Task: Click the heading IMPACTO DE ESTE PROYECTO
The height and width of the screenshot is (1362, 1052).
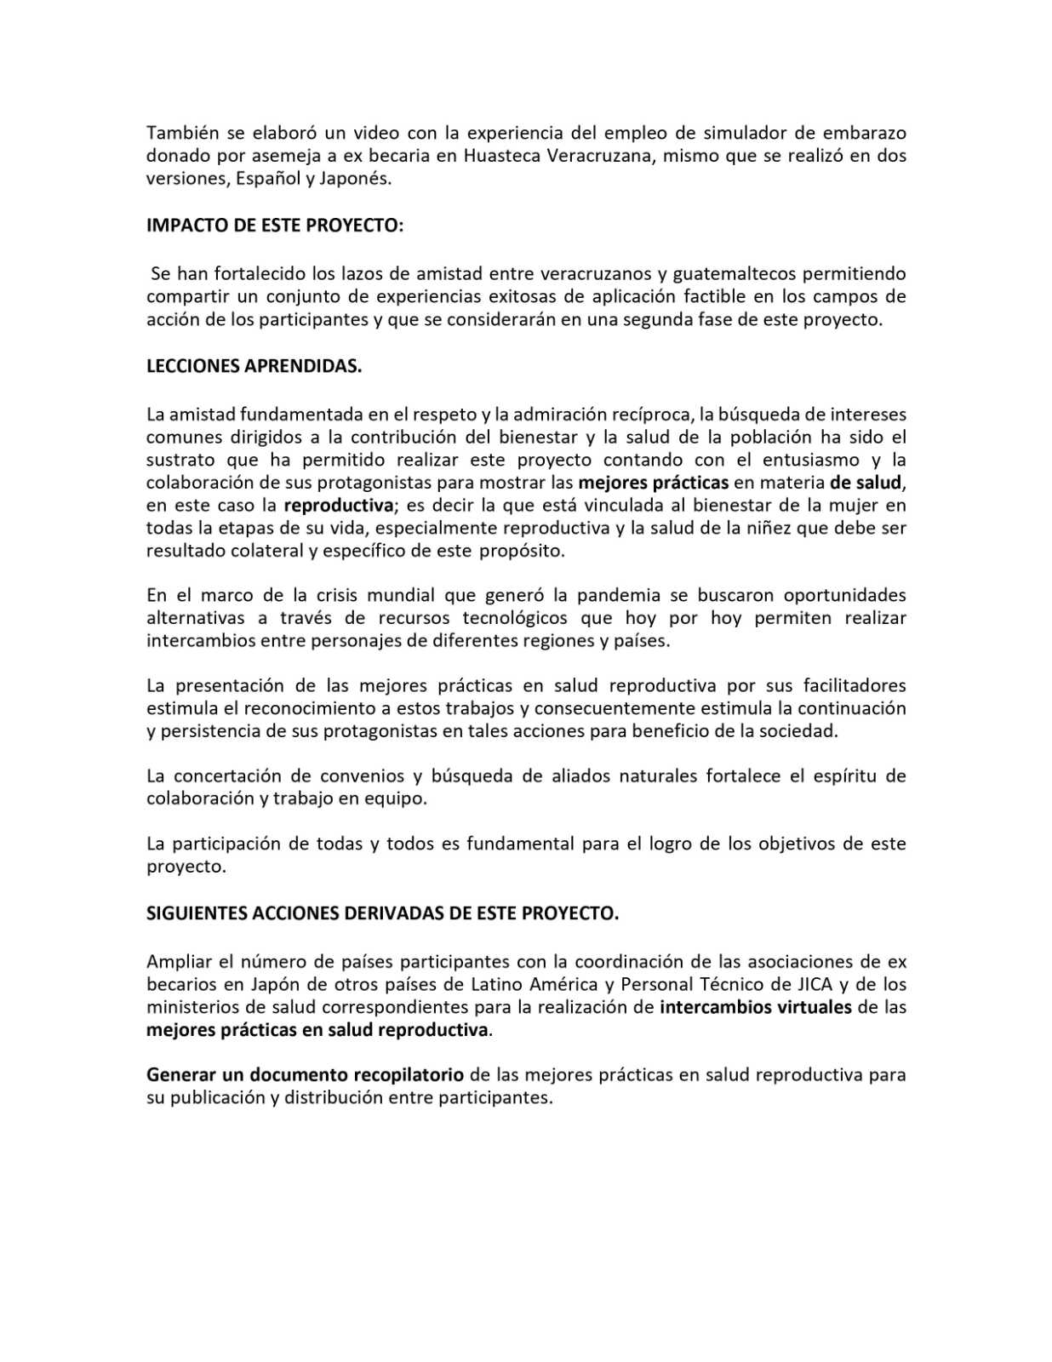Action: [x=275, y=226]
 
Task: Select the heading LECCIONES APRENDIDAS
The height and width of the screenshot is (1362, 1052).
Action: [x=254, y=366]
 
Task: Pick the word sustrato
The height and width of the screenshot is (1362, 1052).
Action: [x=180, y=460]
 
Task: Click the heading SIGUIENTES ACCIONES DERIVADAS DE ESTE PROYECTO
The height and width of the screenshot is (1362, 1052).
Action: [x=382, y=913]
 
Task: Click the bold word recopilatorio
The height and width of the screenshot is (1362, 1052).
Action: [x=409, y=1074]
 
